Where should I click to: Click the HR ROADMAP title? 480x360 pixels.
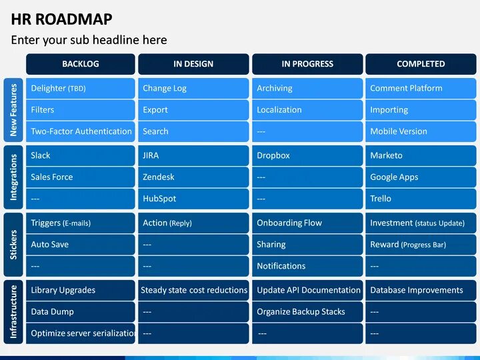point(61,19)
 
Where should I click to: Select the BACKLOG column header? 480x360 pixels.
point(81,64)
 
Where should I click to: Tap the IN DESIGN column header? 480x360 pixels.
point(193,64)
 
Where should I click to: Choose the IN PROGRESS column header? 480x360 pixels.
point(307,64)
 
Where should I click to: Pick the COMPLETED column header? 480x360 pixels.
point(421,64)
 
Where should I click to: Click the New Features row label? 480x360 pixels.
point(13,110)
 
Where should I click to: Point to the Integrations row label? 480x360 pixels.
point(13,177)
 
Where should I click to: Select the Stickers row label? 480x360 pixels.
point(13,245)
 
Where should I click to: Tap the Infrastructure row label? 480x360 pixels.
point(13,311)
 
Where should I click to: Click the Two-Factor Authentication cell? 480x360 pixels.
point(81,131)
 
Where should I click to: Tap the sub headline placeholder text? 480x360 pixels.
point(89,40)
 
